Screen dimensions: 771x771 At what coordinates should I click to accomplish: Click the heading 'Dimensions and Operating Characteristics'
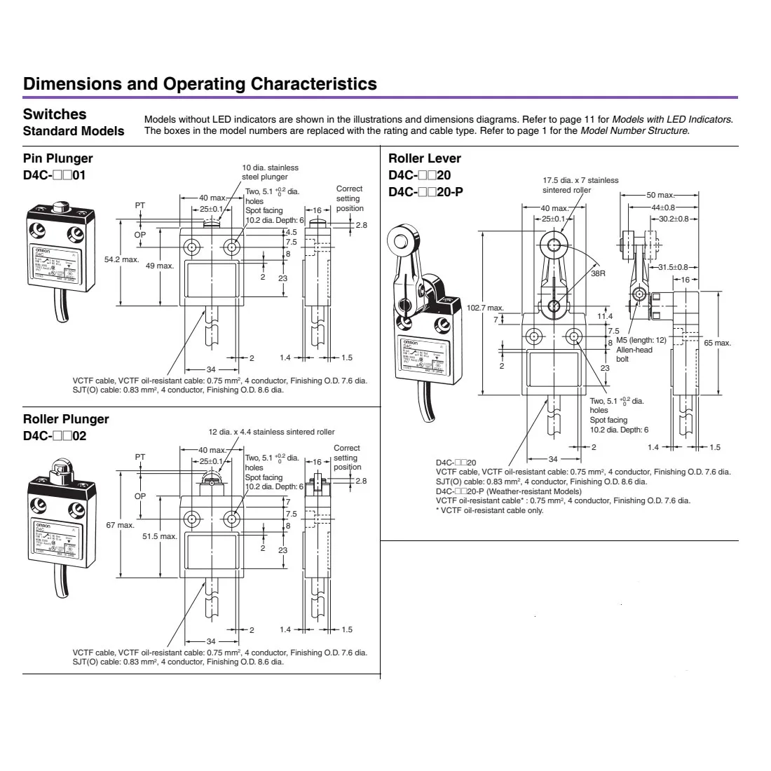point(200,84)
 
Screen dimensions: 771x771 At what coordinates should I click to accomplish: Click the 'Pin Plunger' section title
point(57,158)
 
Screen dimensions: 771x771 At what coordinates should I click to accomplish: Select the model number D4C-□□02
point(55,435)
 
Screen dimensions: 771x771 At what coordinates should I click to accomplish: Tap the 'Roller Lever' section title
point(425,158)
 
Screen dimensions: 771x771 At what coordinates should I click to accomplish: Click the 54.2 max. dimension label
point(122,260)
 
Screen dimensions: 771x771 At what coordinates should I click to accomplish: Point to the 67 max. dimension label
point(121,525)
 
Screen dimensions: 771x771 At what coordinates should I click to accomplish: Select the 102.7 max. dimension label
point(486,308)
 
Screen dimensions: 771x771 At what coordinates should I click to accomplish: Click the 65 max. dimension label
point(717,343)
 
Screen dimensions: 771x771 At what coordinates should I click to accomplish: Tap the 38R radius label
point(597,273)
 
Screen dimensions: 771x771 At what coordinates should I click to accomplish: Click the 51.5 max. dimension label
point(159,536)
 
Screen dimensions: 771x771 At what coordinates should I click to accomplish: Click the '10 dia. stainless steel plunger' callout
point(270,172)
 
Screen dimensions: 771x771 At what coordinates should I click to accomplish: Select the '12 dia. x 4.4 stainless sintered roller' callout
point(271,432)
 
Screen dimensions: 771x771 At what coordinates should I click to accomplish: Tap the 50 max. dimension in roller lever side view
point(660,195)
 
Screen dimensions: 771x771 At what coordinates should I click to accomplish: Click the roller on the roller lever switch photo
point(402,243)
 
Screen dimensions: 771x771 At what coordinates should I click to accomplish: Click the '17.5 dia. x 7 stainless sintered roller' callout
point(580,185)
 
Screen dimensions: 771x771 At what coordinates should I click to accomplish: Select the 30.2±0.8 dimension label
point(671,219)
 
